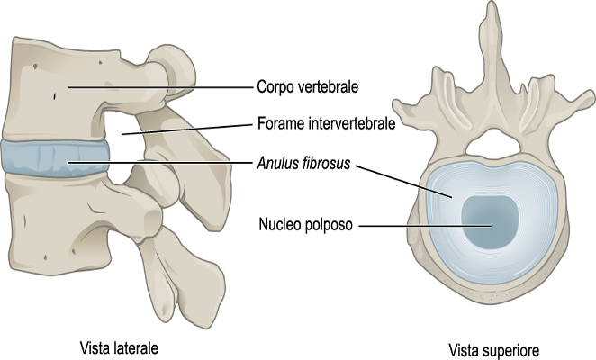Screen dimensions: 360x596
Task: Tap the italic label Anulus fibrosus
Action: [301, 165]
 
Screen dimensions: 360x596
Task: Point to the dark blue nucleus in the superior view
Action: [490, 223]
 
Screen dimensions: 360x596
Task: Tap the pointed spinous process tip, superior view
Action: [490, 9]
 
